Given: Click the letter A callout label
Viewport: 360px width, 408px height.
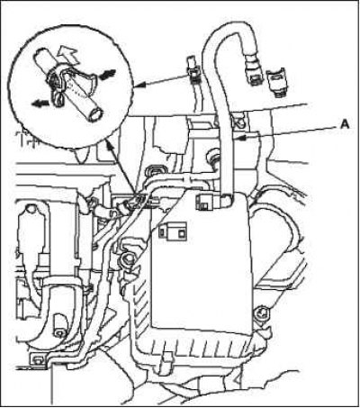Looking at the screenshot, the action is [345, 123].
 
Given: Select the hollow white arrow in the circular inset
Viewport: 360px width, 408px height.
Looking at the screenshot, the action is [67, 56].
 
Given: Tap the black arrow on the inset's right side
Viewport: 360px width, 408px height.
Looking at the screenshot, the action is [108, 74].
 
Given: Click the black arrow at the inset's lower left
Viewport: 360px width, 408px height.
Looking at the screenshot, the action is [40, 104].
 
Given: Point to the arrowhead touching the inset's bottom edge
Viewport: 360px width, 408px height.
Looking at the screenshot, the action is [109, 146].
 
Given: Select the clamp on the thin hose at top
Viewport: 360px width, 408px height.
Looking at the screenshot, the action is [193, 72].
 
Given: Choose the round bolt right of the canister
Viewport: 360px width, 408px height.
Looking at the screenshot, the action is [262, 314].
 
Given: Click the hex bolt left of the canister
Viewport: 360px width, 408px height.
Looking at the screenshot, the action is [126, 258].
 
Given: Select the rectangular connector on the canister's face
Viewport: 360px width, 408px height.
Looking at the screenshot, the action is [172, 231].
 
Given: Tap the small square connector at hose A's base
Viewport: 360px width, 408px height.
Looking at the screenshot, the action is [205, 202].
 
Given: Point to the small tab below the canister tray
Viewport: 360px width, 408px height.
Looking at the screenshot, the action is [166, 358].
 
